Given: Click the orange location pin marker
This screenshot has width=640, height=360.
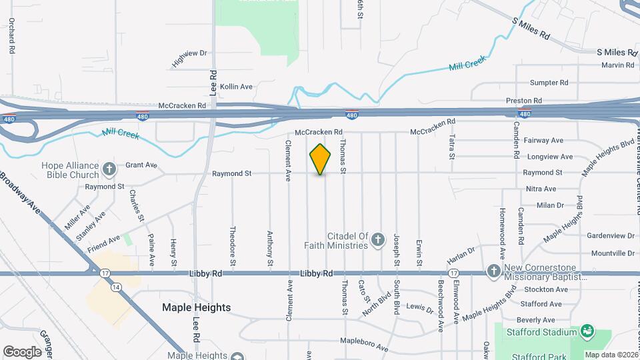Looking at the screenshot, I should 321,159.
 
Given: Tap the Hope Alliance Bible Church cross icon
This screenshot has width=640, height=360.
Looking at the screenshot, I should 109,167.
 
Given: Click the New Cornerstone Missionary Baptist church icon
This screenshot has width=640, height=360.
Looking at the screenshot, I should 493,271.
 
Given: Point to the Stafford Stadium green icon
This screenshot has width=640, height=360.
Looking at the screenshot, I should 587,331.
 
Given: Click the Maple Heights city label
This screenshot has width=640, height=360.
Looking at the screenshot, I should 197,307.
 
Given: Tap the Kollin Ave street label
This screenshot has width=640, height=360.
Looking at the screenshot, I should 237,87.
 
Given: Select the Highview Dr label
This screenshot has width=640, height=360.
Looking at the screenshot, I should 190,58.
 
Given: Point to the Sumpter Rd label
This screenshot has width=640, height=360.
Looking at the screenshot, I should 549,83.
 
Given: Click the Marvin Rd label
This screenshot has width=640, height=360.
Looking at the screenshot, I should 618,65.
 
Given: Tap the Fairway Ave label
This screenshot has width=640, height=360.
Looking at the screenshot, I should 544,141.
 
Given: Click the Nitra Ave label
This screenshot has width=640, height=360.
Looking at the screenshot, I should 541,189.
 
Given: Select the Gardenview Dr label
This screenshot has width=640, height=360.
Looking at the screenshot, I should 611,235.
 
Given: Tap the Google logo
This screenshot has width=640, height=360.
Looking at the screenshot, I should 22,351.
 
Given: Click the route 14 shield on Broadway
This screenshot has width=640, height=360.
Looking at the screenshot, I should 117,287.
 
